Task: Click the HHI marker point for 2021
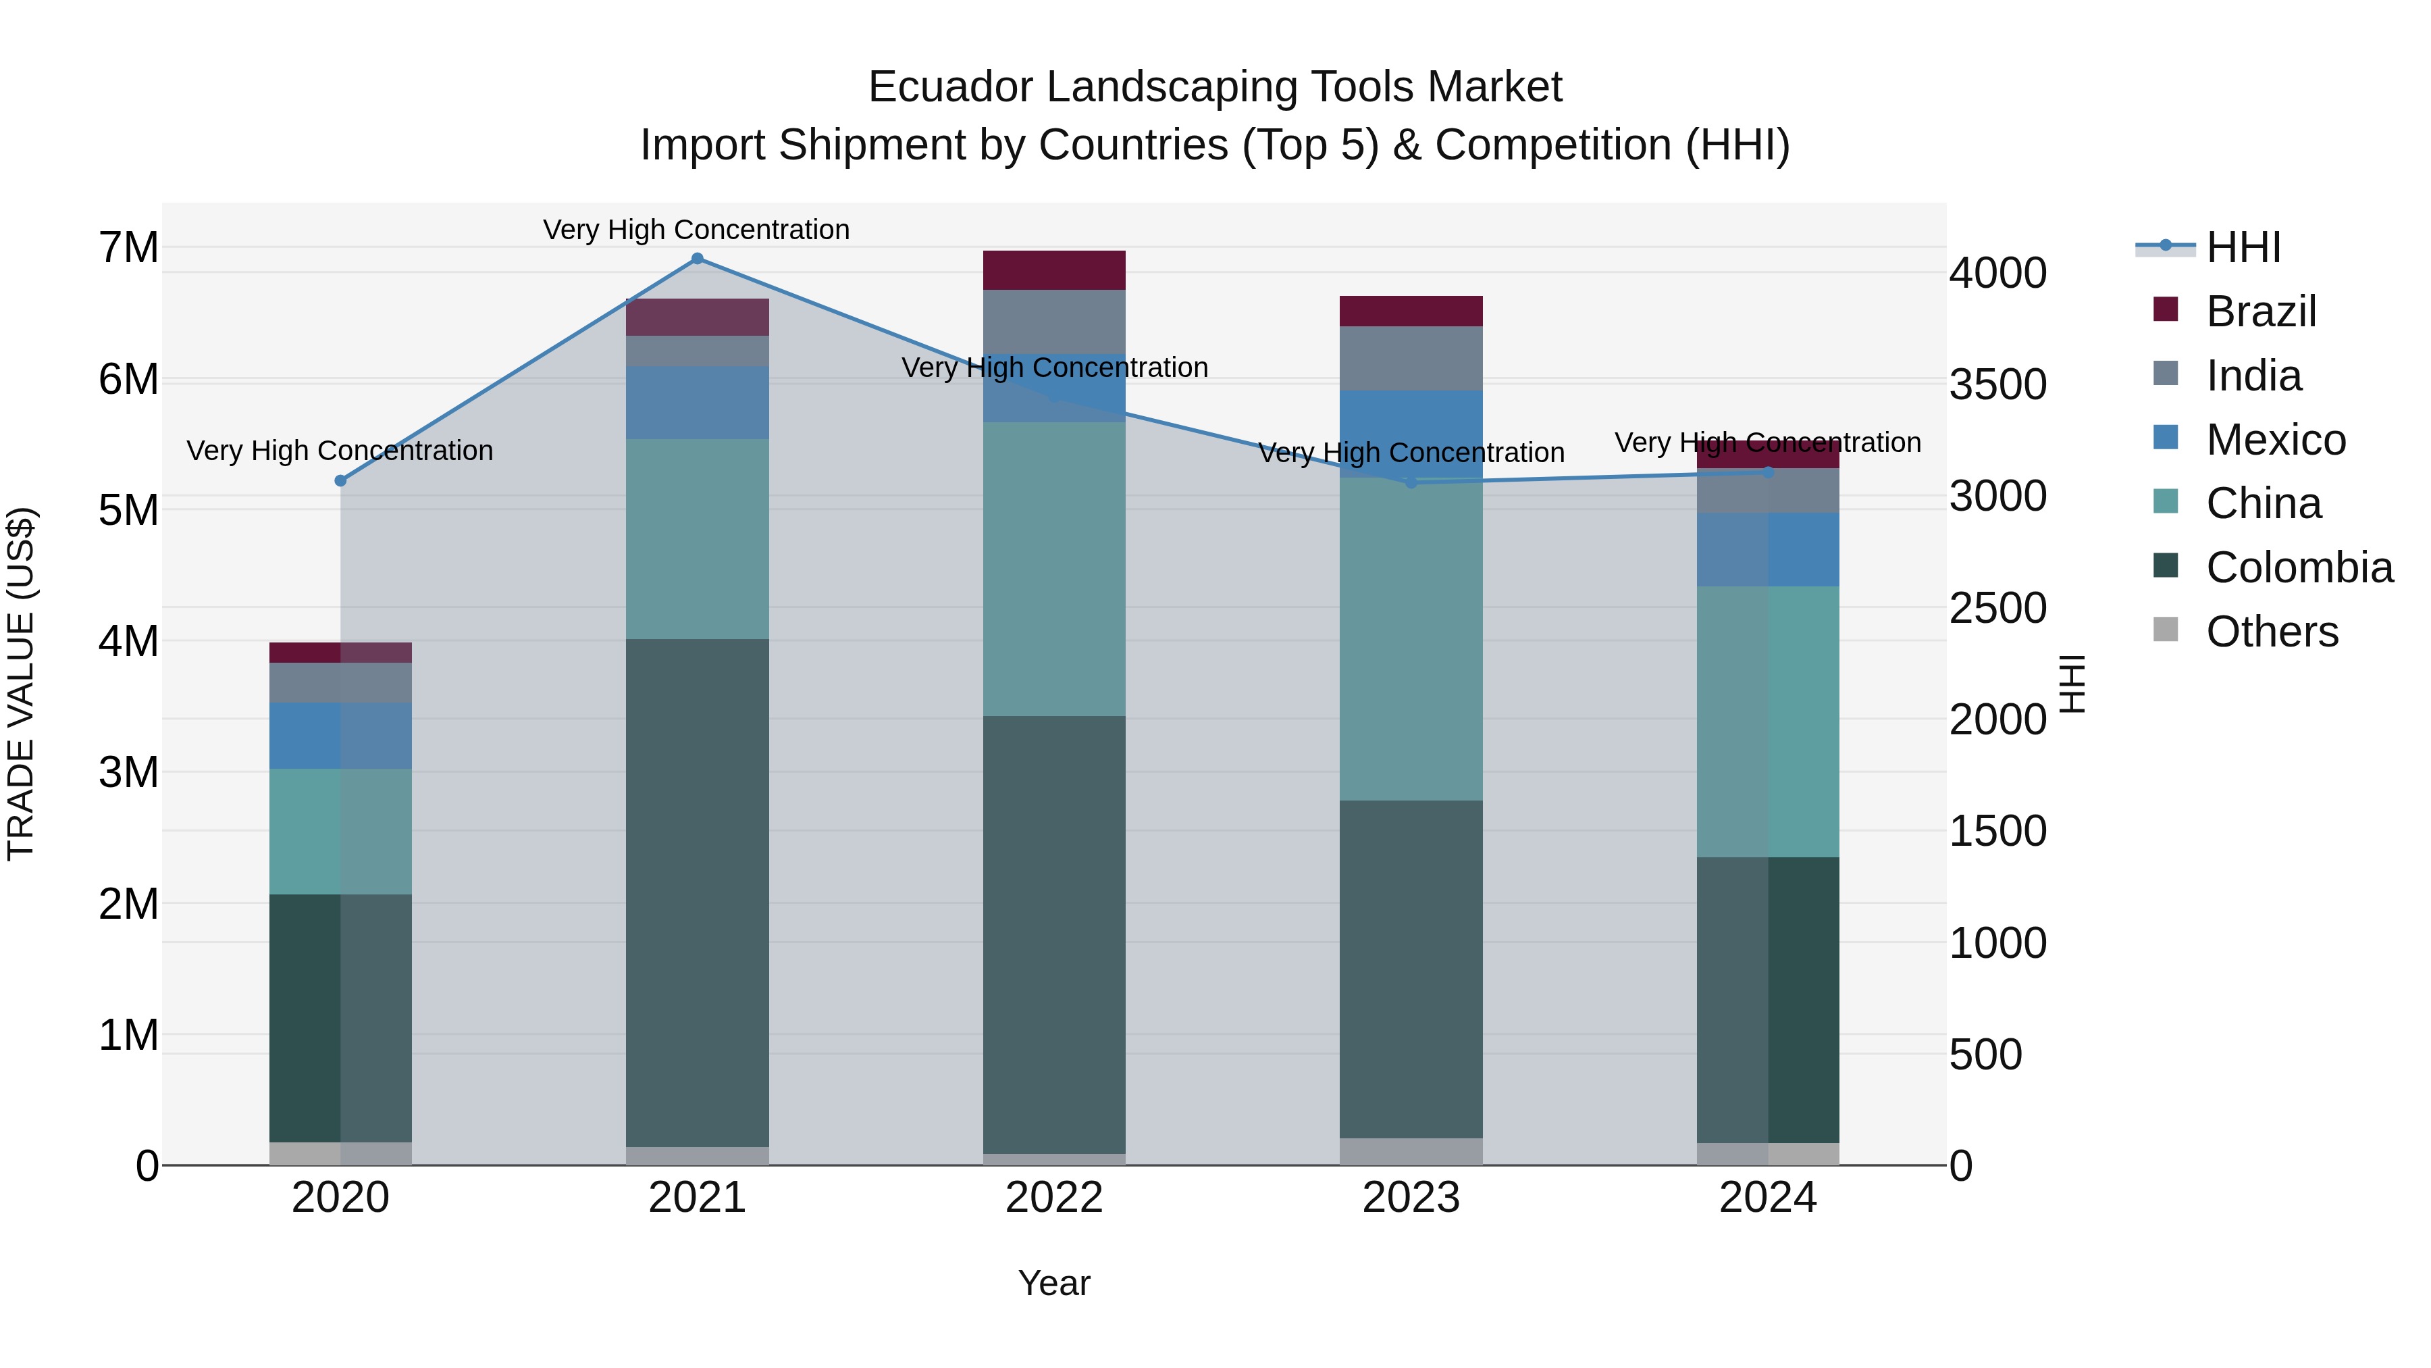(x=698, y=259)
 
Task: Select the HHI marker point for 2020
(x=341, y=480)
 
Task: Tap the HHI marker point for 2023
(x=1412, y=482)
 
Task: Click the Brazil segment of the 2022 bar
(x=1054, y=270)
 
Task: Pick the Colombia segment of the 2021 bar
(x=698, y=892)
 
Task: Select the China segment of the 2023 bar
(x=1412, y=639)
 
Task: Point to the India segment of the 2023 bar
(x=1412, y=358)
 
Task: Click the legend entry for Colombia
(x=2299, y=567)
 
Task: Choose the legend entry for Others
(x=2272, y=632)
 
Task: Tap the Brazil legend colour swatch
(x=2166, y=309)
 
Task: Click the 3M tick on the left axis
(x=128, y=772)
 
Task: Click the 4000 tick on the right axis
(x=1998, y=273)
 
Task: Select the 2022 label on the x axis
(x=1054, y=1198)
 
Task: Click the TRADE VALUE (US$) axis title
(x=21, y=684)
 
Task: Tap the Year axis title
(x=1054, y=1283)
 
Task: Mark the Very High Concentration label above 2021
(x=696, y=230)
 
